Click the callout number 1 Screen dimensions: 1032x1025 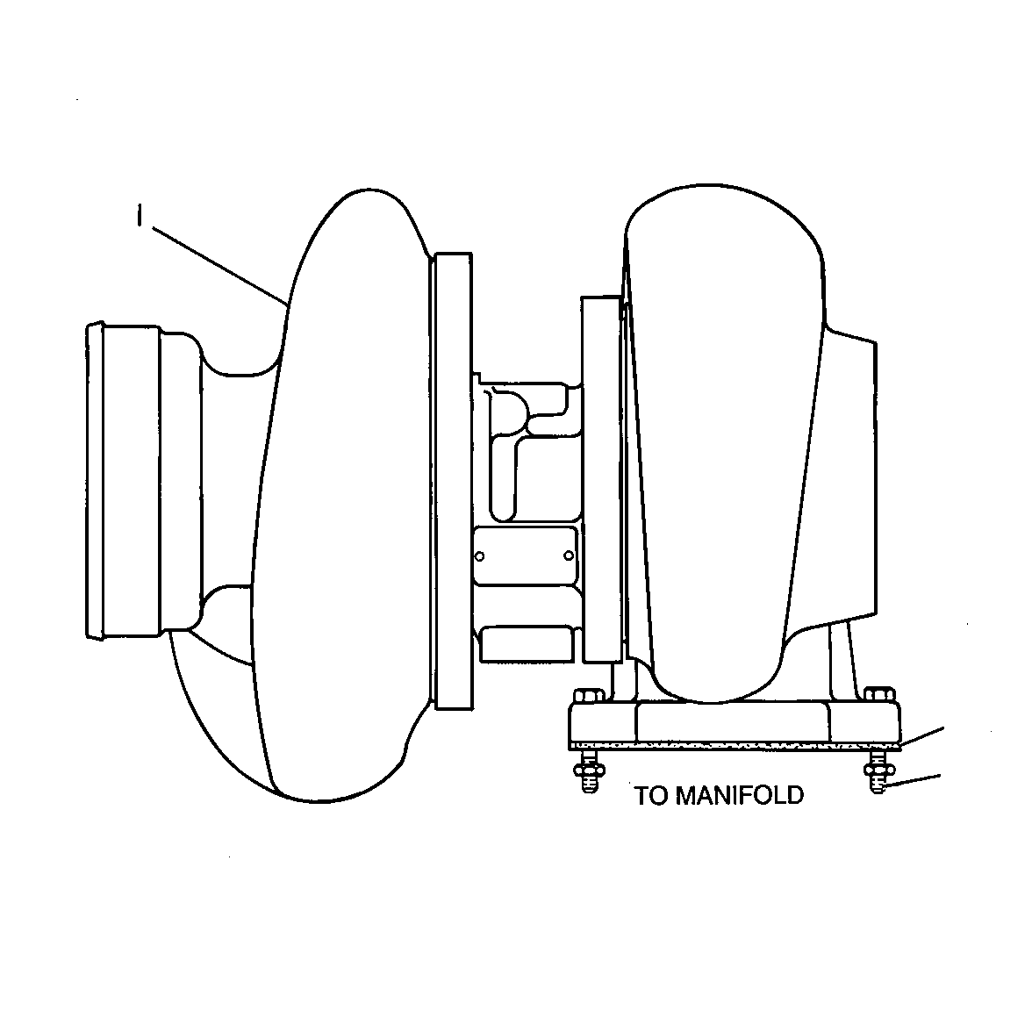click(139, 215)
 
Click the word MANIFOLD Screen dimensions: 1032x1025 click(740, 795)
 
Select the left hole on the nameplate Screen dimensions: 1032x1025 click(480, 556)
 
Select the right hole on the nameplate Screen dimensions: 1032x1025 click(570, 556)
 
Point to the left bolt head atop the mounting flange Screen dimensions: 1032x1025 click(588, 696)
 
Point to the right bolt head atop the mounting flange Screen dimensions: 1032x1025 click(879, 694)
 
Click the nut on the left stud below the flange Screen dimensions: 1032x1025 click(589, 768)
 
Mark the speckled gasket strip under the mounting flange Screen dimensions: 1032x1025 click(735, 746)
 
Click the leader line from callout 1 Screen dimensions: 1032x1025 click(220, 266)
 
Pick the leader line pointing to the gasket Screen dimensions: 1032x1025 click(921, 736)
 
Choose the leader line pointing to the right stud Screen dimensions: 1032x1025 click(914, 781)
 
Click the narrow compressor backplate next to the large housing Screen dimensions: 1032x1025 click(453, 481)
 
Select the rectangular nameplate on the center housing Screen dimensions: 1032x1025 click(525, 556)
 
